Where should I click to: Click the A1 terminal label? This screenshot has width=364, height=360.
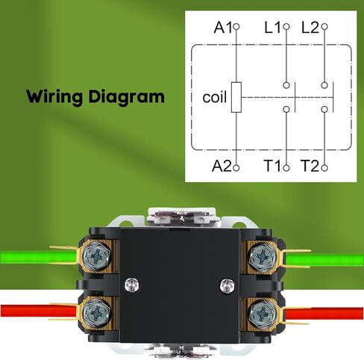point(223,27)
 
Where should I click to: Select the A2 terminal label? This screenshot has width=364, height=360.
point(222,166)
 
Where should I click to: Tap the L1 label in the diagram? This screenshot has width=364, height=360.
point(272,27)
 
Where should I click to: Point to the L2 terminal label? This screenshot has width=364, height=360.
point(310,27)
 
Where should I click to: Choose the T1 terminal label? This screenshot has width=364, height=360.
point(272,166)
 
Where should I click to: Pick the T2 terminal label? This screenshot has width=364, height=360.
point(310,166)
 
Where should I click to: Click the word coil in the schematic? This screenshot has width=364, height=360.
point(215,97)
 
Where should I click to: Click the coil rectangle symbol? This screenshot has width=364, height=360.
point(236,97)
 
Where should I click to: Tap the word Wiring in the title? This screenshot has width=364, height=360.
point(54,96)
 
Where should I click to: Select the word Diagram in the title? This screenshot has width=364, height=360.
point(127,96)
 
